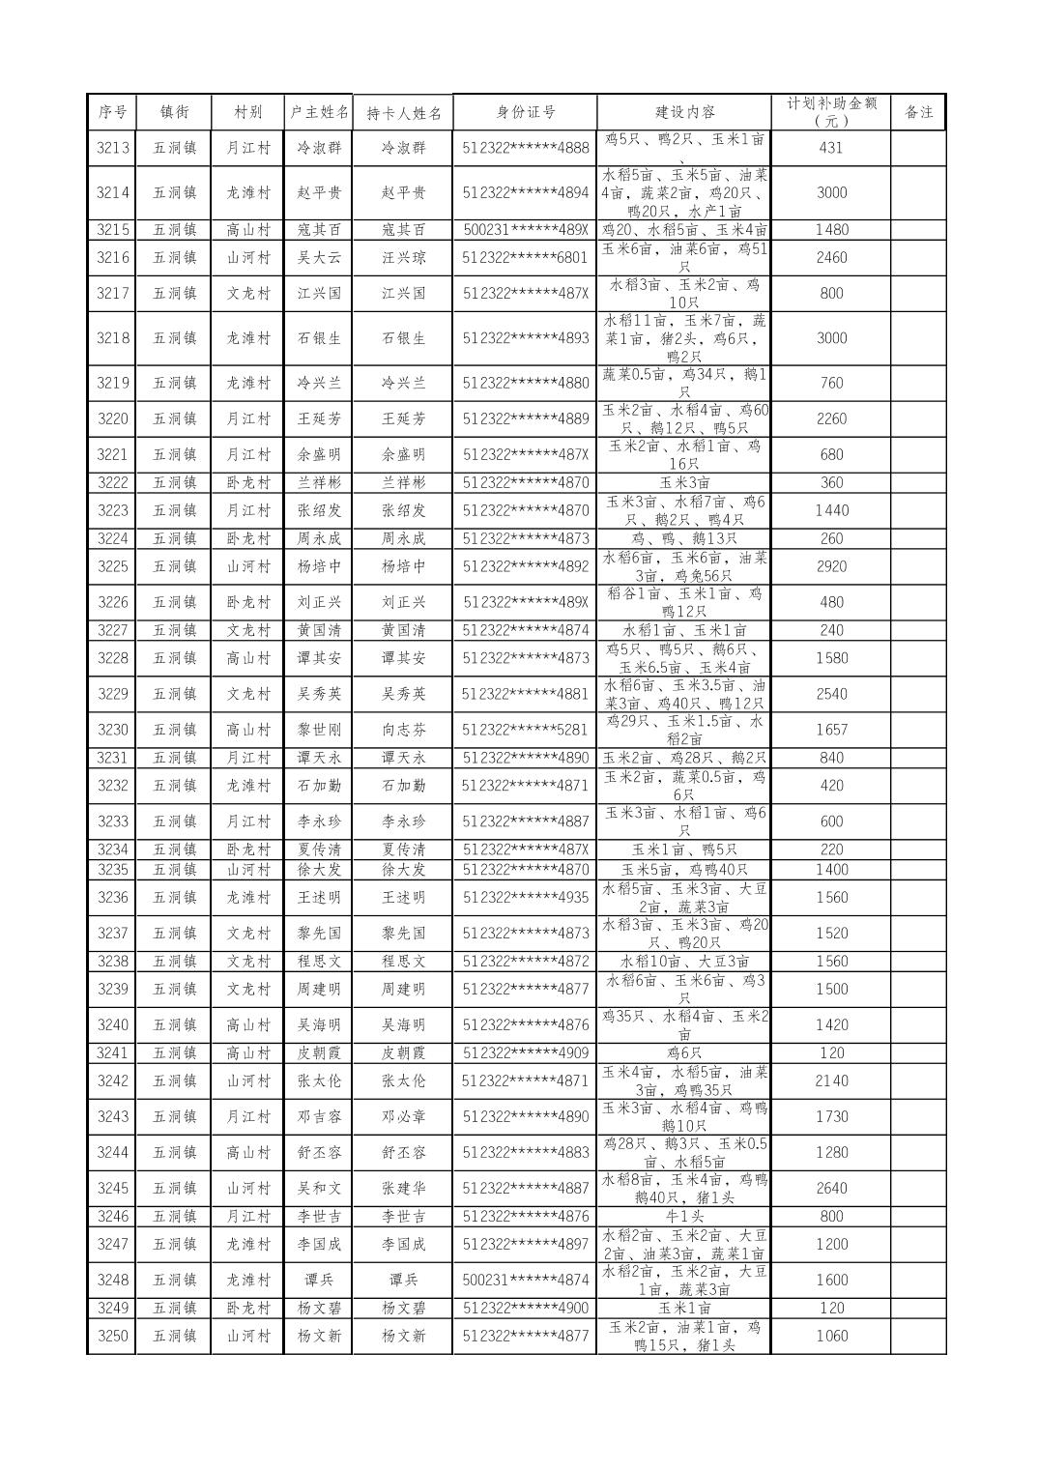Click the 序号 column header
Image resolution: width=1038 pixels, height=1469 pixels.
[x=112, y=112]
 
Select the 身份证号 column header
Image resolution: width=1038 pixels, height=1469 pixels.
[x=526, y=112]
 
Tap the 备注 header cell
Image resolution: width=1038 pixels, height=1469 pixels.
[x=918, y=112]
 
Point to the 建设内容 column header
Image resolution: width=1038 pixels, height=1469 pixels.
[x=684, y=112]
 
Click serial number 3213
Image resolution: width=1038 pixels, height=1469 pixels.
[x=112, y=148]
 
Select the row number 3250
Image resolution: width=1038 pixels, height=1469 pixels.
[x=112, y=1336]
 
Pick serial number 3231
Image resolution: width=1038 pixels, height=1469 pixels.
[x=112, y=758]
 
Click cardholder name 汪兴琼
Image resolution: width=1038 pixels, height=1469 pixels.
[x=403, y=258]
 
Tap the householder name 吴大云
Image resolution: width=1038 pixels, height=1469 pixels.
[x=319, y=258]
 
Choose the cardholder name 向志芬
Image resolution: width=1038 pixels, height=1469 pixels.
[x=403, y=730]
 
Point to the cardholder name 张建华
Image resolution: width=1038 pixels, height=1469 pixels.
[x=403, y=1188]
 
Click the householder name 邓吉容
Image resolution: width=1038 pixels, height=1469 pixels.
[x=319, y=1116]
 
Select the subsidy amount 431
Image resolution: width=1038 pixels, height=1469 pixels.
[x=830, y=148]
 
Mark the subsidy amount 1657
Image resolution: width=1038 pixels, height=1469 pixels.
[x=830, y=730]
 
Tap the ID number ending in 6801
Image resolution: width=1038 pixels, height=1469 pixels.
[x=525, y=258]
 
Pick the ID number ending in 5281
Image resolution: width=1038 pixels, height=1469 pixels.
[x=525, y=730]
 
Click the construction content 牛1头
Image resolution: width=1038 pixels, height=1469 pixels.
[x=684, y=1217]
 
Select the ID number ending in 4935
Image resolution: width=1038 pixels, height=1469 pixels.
[x=525, y=898]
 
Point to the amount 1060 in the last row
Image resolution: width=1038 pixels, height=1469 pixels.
[x=830, y=1336]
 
